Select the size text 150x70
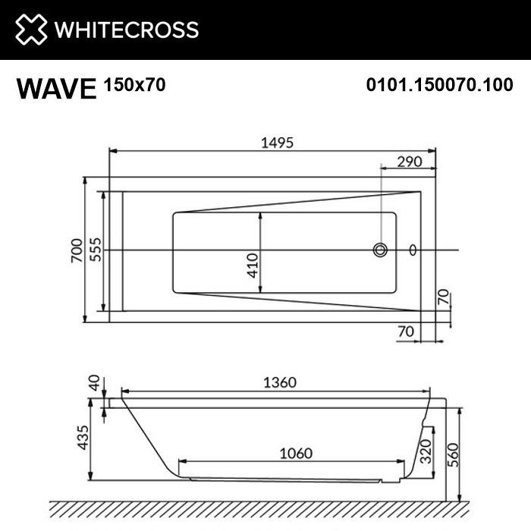pyautogui.click(x=134, y=85)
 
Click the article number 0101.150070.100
pyautogui.click(x=439, y=85)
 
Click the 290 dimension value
pyautogui.click(x=410, y=162)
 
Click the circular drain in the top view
pyautogui.click(x=380, y=250)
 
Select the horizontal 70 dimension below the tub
pyautogui.click(x=407, y=331)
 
